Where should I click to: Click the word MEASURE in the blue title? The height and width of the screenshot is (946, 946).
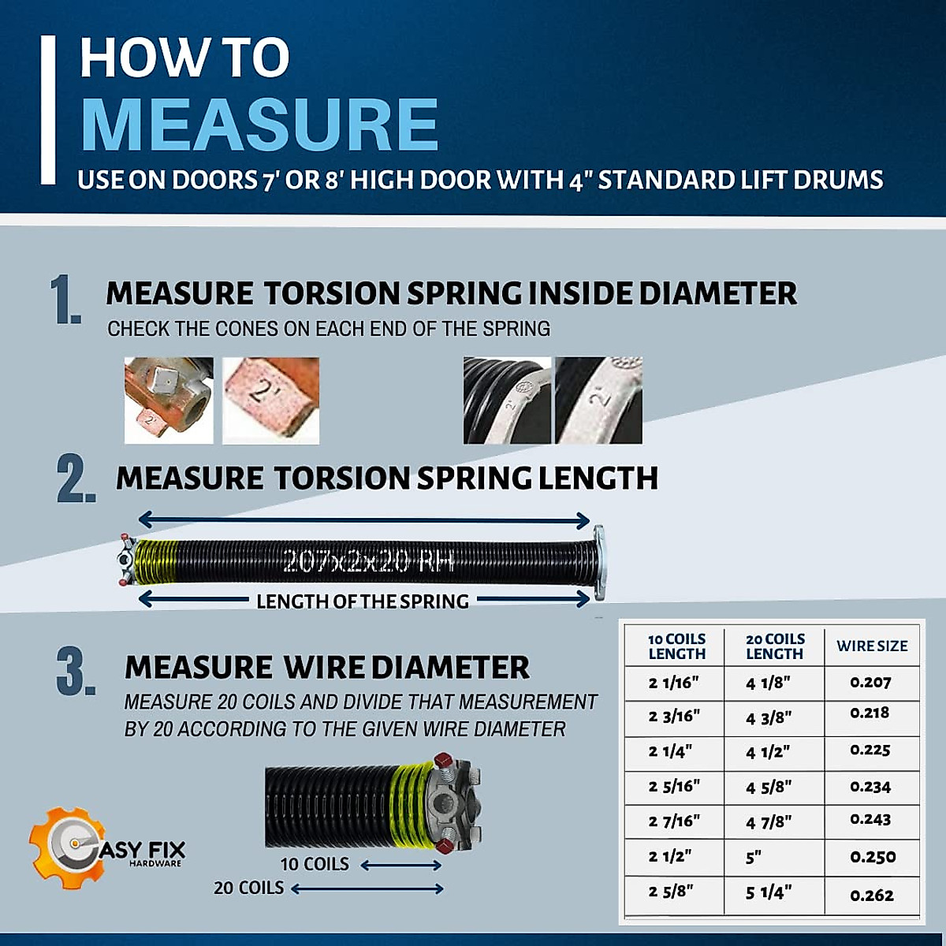pos(259,125)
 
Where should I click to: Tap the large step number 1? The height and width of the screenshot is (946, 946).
pos(65,300)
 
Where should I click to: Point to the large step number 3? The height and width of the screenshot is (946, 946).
pos(76,672)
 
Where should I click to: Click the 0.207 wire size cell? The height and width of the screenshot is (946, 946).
pos(871,683)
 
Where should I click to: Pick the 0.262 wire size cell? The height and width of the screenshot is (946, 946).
pos(872,896)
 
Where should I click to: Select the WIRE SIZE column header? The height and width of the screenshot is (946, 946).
pos(872,646)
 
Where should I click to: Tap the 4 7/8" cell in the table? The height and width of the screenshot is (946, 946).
pos(769,822)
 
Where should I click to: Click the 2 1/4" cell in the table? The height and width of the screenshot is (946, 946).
pos(670,752)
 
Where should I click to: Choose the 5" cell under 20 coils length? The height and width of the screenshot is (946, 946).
pos(754,858)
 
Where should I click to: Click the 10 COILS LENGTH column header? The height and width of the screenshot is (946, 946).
pos(676,646)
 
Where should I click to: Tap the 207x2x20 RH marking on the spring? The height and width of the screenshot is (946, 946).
pos(368,561)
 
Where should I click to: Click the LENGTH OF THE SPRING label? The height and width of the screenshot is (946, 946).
pos(363,601)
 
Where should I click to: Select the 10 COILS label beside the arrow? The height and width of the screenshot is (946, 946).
pos(315,865)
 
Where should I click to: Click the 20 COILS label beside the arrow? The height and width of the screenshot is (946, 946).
pos(248,888)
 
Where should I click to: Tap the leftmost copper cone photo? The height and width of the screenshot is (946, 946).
pos(168,400)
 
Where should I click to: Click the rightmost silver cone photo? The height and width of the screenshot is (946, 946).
pos(598,400)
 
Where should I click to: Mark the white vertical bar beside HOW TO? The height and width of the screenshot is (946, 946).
pos(48,110)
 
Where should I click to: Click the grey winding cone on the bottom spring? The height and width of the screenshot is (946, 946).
pos(453,804)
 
